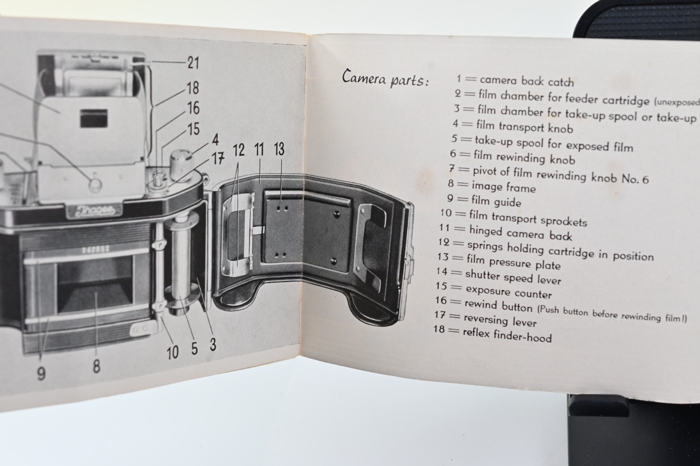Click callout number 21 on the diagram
(x=192, y=63)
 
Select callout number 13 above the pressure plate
(x=279, y=150)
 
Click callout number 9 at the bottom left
(x=41, y=374)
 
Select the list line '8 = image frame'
(x=492, y=187)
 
